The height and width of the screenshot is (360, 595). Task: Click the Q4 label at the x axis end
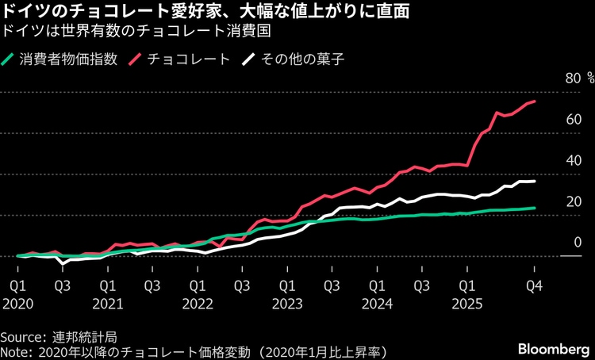pos(535,285)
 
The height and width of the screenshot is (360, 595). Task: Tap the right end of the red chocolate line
pos(535,101)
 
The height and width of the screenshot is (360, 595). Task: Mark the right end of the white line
pos(535,182)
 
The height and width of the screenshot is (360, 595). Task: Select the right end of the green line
pos(535,208)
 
